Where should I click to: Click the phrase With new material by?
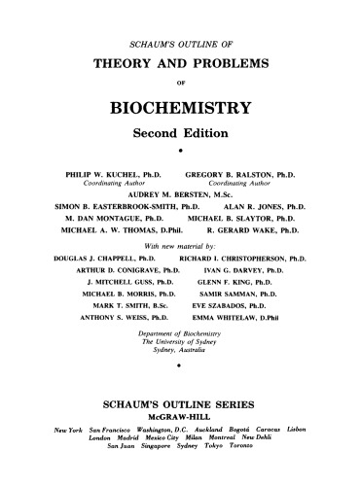pos(182,249)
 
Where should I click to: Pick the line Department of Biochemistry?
pos(181,348)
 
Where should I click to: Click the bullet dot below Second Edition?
pos(182,150)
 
